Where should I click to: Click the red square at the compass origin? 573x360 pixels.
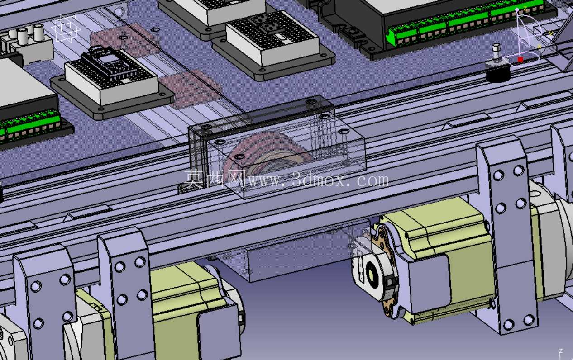[520, 60]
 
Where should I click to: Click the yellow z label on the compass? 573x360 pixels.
[525, 9]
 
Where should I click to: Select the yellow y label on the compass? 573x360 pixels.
[551, 33]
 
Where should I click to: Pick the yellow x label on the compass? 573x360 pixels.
[539, 47]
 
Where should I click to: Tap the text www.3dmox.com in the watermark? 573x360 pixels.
[318, 181]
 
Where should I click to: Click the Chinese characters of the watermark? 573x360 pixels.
[215, 179]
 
